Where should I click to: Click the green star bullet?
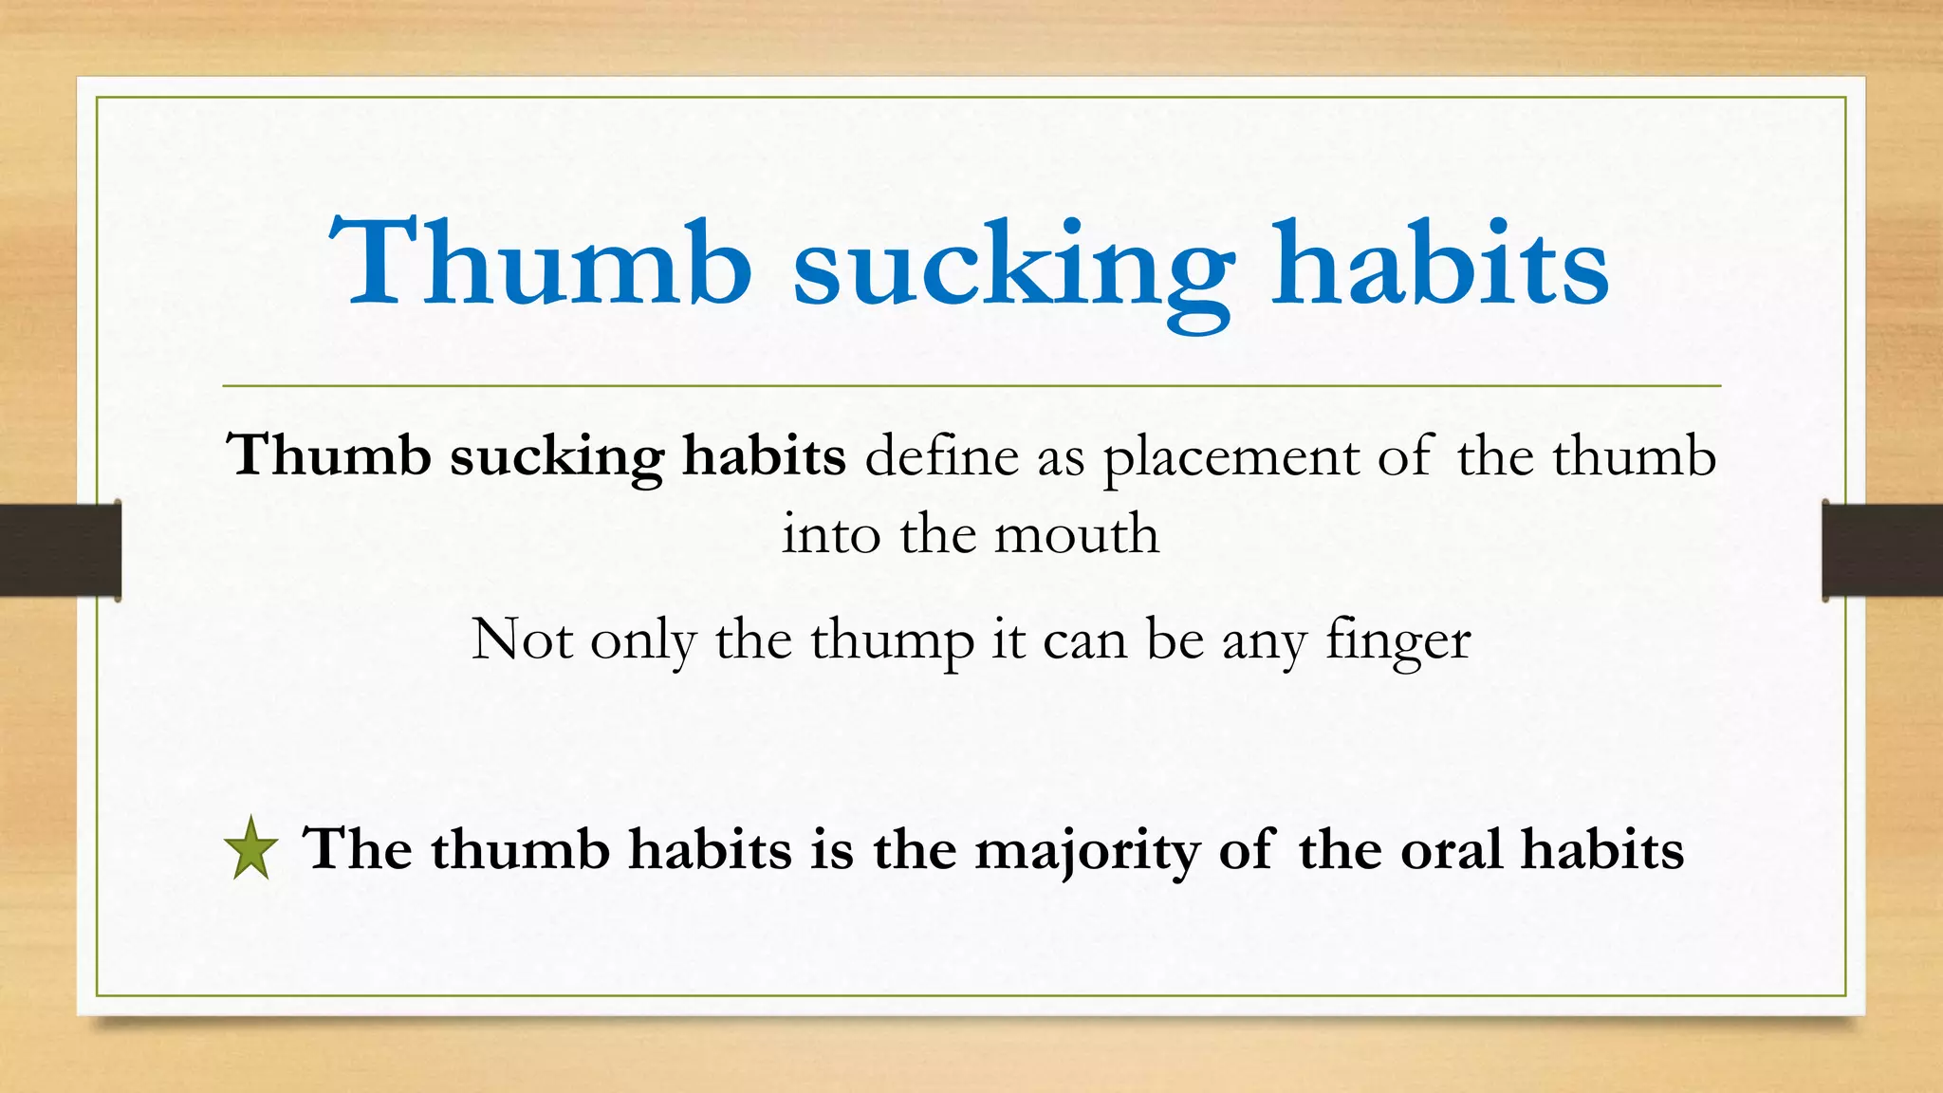pos(251,848)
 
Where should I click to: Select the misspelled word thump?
pos(892,640)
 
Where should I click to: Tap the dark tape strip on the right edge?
pos(1882,550)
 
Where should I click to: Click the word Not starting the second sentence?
pos(522,639)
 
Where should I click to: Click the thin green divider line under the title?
pos(971,386)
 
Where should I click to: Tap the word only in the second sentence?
pos(643,640)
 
